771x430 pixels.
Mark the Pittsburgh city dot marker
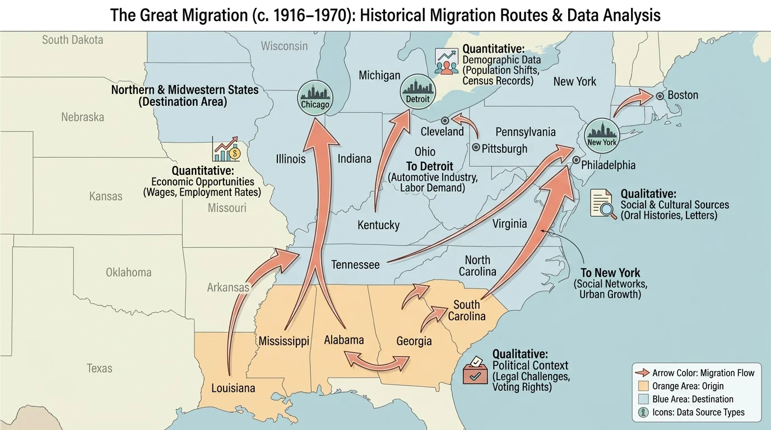[x=476, y=148]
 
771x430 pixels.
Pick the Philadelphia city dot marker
[x=575, y=161]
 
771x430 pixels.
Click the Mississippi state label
[x=284, y=341]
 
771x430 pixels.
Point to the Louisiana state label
[x=233, y=388]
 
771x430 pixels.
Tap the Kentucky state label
[x=378, y=225]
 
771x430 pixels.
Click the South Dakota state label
[x=72, y=40]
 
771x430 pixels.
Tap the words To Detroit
[x=430, y=166]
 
